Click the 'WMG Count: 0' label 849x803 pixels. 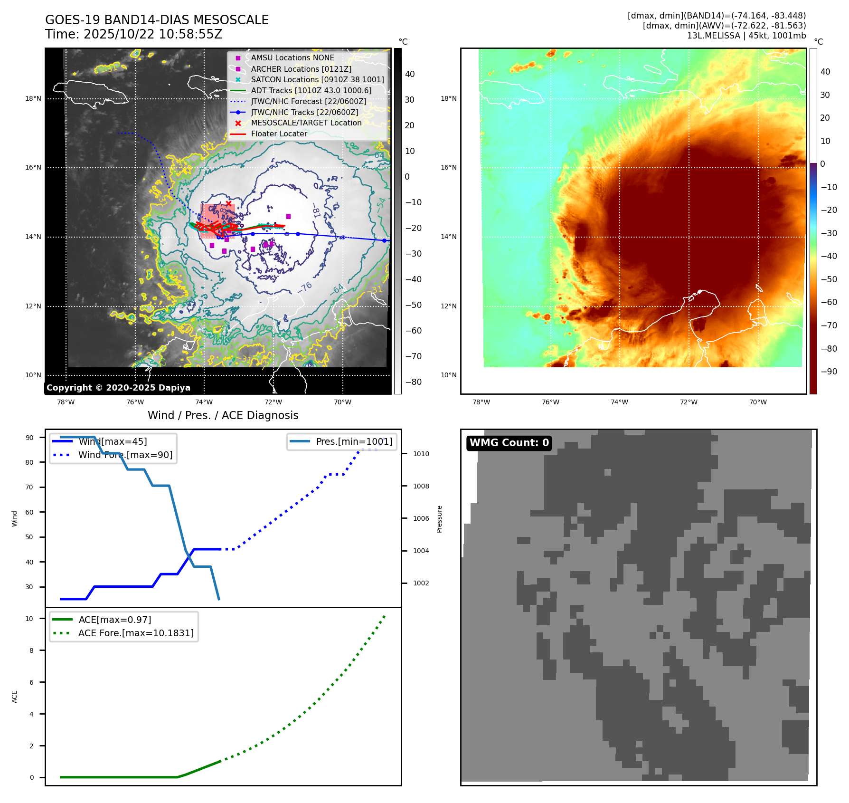[x=509, y=443]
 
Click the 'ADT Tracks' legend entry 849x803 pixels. [x=311, y=90]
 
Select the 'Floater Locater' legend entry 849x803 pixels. [x=279, y=134]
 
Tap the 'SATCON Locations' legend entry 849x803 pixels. [x=317, y=79]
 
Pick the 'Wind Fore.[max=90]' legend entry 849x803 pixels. [x=125, y=455]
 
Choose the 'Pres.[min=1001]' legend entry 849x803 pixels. [x=354, y=441]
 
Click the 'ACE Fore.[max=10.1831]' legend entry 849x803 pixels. [x=136, y=633]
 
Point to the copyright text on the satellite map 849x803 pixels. [x=118, y=388]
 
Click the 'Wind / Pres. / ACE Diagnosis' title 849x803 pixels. [x=223, y=415]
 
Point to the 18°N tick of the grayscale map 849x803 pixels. [x=33, y=99]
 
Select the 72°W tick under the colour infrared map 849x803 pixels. [x=689, y=402]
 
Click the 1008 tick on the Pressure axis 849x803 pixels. [x=421, y=486]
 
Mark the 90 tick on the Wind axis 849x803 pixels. [x=29, y=438]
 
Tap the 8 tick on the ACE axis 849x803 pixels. [x=31, y=650]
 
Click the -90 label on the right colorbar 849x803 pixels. [x=829, y=372]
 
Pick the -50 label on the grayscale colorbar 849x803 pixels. [x=413, y=305]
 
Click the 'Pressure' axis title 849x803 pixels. [x=439, y=519]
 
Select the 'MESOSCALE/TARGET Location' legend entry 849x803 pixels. [x=306, y=123]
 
